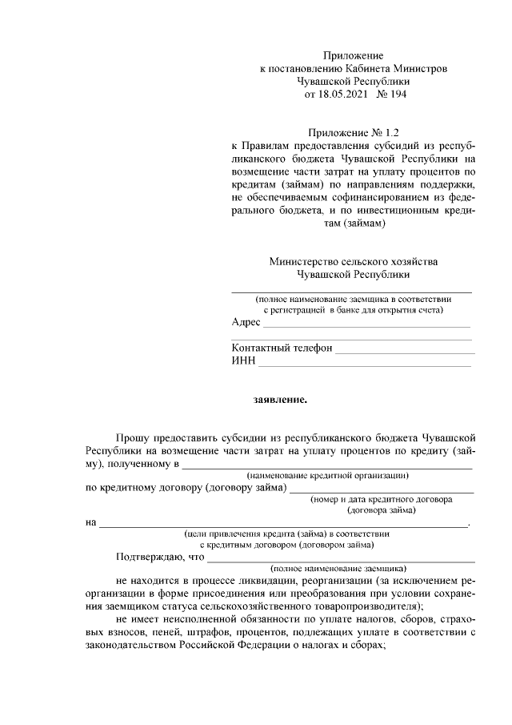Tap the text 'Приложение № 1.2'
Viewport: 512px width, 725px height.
pyautogui.click(x=353, y=133)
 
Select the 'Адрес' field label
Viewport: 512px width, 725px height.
pyautogui.click(x=246, y=322)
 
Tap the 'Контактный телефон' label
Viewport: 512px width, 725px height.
pyautogui.click(x=281, y=349)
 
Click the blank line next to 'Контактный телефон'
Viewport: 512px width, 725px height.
pyautogui.click(x=404, y=352)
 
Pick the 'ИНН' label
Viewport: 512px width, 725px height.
pyautogui.click(x=243, y=362)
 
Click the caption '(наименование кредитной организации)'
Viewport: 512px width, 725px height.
pyautogui.click(x=322, y=475)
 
